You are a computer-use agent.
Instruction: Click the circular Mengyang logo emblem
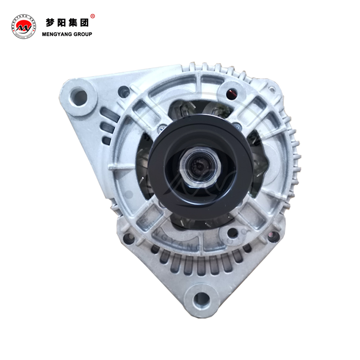point(23,27)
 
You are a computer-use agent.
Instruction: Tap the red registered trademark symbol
point(93,17)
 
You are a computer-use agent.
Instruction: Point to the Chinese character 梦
point(50,22)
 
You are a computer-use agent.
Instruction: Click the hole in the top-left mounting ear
point(79,97)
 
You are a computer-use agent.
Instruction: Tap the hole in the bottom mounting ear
point(202,299)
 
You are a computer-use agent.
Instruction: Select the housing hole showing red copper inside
point(231,94)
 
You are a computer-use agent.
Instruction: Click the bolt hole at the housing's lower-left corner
point(129,238)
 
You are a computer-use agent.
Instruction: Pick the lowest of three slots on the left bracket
point(107,140)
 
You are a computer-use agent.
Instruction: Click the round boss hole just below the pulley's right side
point(233,233)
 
